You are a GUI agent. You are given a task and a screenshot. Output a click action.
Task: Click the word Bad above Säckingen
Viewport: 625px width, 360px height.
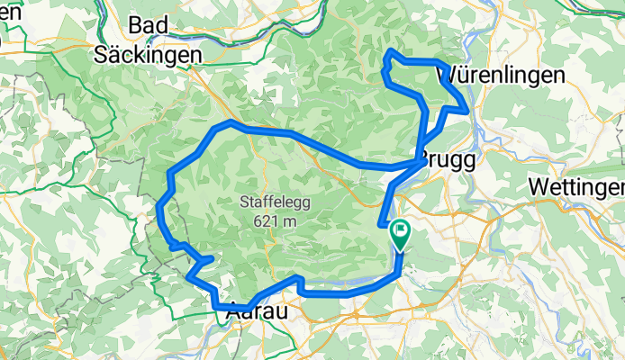click(x=149, y=26)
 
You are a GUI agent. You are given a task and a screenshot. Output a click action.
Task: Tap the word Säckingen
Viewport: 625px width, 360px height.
click(x=149, y=54)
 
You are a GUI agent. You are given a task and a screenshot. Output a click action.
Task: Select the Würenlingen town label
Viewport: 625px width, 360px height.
click(x=501, y=76)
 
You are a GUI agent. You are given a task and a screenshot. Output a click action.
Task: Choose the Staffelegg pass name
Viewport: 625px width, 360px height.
click(x=276, y=202)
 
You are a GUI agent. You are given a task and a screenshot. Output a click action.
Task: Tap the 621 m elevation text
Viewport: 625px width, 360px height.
click(x=276, y=221)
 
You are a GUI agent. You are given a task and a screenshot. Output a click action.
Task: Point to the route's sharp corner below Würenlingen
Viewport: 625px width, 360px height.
click(x=466, y=111)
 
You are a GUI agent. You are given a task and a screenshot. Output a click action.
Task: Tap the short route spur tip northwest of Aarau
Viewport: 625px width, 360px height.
click(x=213, y=259)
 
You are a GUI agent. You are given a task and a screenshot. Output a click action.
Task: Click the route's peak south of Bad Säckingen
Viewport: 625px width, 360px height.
click(x=231, y=121)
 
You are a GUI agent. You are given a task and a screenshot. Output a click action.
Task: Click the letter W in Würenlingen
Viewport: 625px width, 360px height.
click(x=448, y=76)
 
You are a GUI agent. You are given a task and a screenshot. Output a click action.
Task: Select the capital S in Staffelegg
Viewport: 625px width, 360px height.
click(x=246, y=202)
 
